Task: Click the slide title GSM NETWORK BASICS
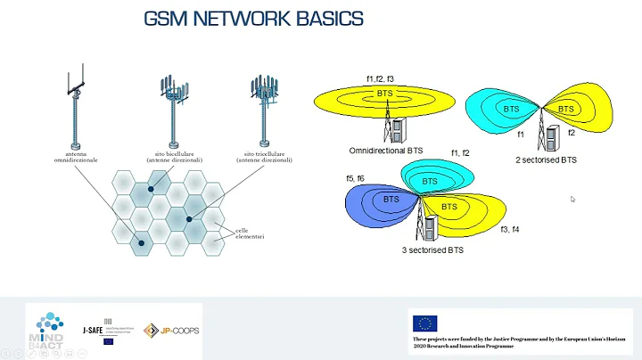pyautogui.click(x=253, y=19)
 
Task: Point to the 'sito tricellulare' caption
pyautogui.click(x=259, y=157)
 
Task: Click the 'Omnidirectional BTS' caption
pyautogui.click(x=386, y=151)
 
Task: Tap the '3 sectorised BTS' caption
pyautogui.click(x=432, y=250)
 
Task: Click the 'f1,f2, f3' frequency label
pyautogui.click(x=380, y=79)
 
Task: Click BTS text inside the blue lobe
pyautogui.click(x=391, y=200)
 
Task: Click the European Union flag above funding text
pyautogui.click(x=424, y=323)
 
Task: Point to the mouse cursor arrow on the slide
pyautogui.click(x=572, y=200)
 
